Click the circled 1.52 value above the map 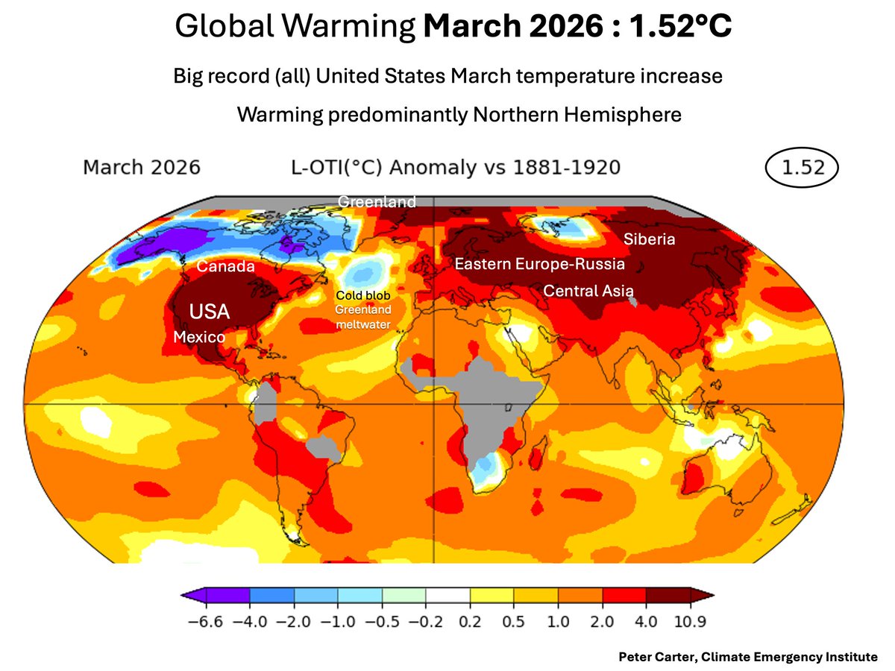click(x=803, y=167)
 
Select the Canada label click(x=226, y=267)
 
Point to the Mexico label click(x=199, y=337)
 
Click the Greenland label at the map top click(x=377, y=202)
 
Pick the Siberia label click(x=649, y=239)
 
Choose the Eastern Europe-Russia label click(x=539, y=264)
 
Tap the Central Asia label click(x=588, y=290)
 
